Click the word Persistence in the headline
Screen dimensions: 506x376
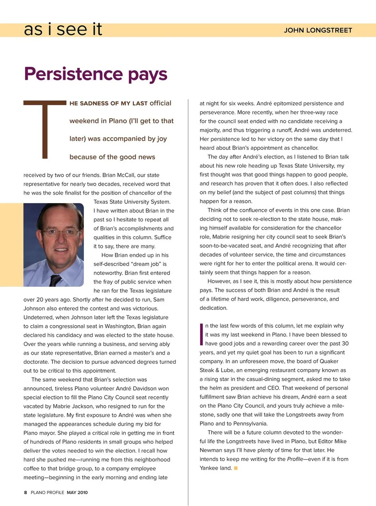[74, 74]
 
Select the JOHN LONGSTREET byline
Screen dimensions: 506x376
[318, 30]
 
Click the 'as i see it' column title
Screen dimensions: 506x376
[63, 29]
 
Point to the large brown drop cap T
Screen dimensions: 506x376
[45, 129]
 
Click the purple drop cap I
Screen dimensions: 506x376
[201, 335]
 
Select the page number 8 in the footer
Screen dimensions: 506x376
[25, 492]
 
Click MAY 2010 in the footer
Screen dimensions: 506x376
[77, 492]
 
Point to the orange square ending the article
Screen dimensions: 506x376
[236, 468]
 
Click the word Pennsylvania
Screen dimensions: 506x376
[250, 424]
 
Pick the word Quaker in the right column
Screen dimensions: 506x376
[329, 361]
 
